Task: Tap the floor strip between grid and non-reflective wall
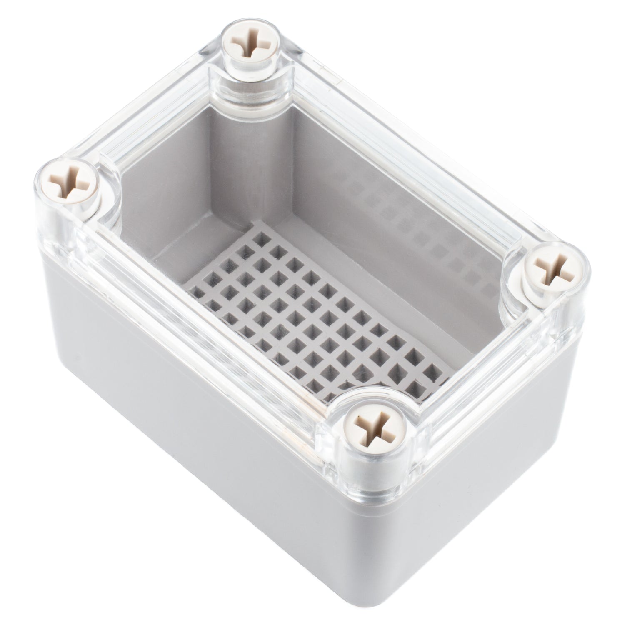pyautogui.click(x=183, y=267)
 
